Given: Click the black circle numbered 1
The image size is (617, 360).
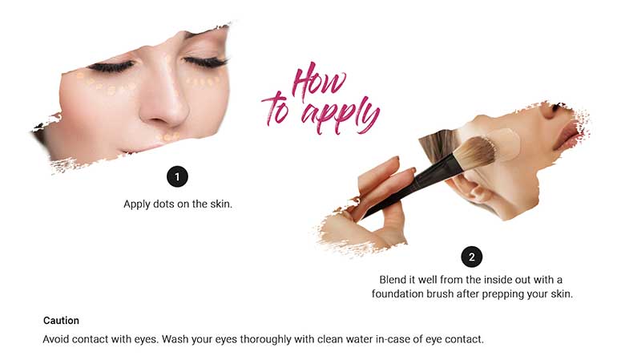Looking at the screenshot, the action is point(177,176).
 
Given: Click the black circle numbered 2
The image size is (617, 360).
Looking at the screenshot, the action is point(471,257).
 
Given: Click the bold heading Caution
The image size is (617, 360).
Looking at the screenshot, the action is point(61,321).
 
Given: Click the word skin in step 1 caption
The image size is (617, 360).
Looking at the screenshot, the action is point(220,204).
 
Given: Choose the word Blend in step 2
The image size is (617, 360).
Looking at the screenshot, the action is point(392,280).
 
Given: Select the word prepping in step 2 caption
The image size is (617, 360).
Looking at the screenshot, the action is point(501,294).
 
